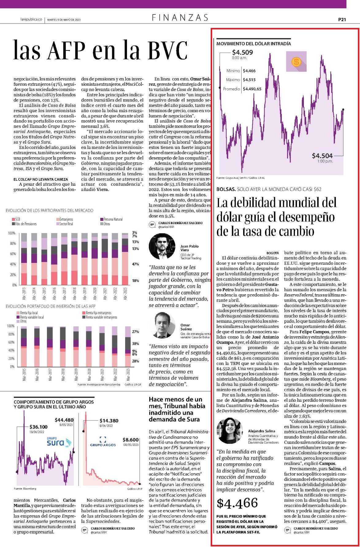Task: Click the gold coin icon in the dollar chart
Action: coord(296,62)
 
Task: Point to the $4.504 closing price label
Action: coord(322,156)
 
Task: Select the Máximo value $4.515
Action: coord(249,80)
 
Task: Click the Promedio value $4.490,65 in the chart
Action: coord(252,89)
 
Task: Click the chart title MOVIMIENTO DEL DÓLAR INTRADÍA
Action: coord(254,44)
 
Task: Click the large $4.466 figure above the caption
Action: coord(237,503)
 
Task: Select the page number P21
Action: coord(342,19)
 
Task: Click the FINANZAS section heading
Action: coord(180,17)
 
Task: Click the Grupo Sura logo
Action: coord(59,442)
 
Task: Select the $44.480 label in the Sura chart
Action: coord(64,420)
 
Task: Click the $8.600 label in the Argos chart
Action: coord(131,439)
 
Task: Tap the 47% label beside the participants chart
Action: coord(135,264)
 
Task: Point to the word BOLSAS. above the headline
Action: coord(226,189)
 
